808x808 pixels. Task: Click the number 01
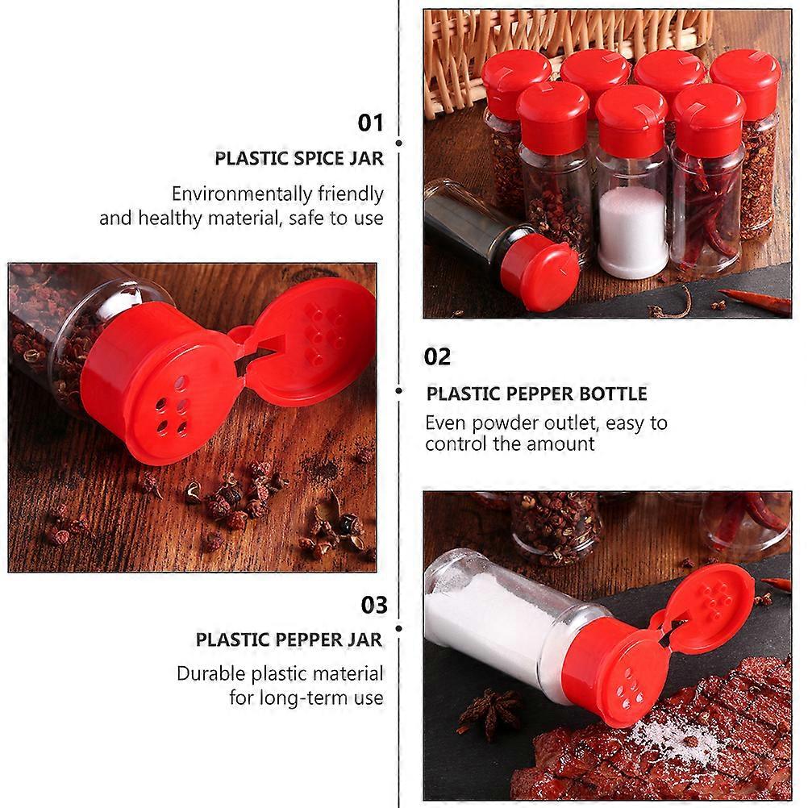coord(370,123)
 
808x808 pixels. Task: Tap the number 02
coord(437,356)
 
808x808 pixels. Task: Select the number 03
coord(374,605)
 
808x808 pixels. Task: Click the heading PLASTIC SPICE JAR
coord(299,159)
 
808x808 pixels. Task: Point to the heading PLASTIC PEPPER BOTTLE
coord(536,394)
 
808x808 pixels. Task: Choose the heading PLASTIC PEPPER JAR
coord(289,639)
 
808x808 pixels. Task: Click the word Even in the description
coord(446,423)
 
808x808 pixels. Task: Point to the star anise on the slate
coord(489,711)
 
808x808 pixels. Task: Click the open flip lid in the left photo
coord(312,340)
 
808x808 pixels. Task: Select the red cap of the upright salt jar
coord(631,119)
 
